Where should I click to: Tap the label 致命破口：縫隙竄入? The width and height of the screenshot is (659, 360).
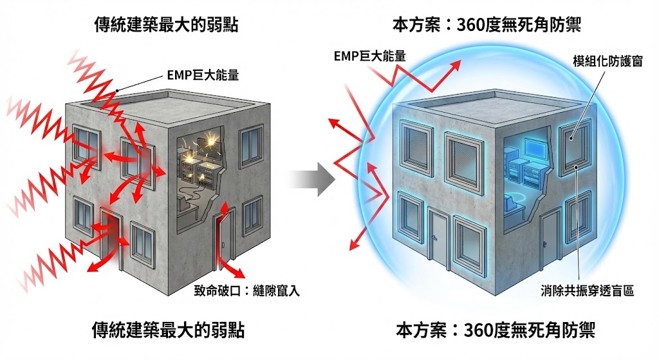tap(246, 290)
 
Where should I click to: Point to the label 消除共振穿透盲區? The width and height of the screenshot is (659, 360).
tap(588, 290)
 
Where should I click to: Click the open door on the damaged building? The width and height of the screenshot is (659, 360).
tap(222, 240)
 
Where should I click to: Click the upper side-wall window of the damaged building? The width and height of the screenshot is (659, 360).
tap(250, 148)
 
